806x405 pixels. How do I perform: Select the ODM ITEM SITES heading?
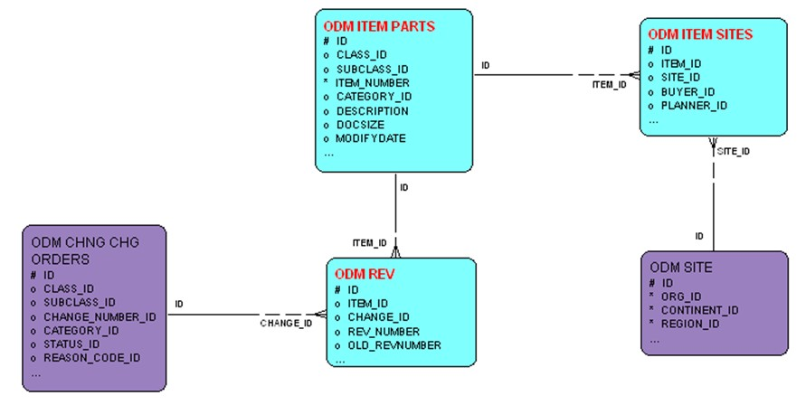tap(700, 34)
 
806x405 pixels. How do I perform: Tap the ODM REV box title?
tap(365, 274)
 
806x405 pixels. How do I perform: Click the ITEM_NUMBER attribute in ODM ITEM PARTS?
tap(373, 82)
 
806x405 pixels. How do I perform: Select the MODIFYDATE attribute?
tap(371, 138)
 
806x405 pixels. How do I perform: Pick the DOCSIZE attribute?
tap(360, 125)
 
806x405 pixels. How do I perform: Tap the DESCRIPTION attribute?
tap(372, 110)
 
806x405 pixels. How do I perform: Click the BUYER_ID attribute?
tap(687, 91)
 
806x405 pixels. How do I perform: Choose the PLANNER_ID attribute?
tap(694, 106)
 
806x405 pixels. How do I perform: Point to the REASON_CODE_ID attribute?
tap(91, 358)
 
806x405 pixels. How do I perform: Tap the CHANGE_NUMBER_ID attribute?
tap(100, 316)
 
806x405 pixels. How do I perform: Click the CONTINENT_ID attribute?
tap(700, 310)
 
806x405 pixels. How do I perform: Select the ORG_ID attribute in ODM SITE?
tap(681, 296)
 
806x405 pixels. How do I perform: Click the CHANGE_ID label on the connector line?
tap(286, 323)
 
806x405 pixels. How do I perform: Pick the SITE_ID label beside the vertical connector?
tap(733, 152)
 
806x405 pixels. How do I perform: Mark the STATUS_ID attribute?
tap(71, 344)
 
